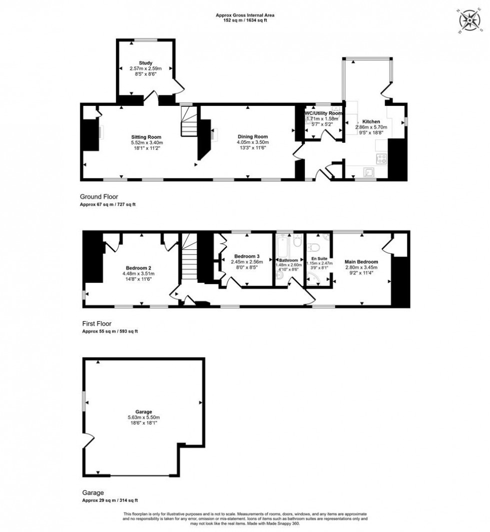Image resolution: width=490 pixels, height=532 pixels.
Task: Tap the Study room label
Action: (x=145, y=62)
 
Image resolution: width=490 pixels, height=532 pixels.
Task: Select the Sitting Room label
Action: (x=146, y=137)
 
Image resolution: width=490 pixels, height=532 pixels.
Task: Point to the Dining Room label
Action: (x=252, y=137)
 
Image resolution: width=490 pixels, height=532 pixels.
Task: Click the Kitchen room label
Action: (x=371, y=121)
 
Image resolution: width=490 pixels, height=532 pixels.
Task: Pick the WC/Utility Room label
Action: (x=323, y=113)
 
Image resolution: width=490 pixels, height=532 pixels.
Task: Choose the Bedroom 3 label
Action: (x=246, y=256)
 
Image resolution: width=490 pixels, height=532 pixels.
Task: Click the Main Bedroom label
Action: (x=361, y=262)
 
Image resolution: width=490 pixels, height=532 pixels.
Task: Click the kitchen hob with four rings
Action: (x=381, y=159)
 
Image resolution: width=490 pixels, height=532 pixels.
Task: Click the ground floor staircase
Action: (x=189, y=123)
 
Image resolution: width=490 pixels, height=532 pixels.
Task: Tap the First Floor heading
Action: (x=95, y=324)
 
